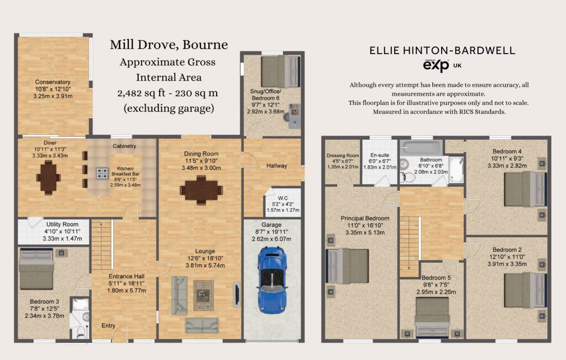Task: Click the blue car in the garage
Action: (271, 279)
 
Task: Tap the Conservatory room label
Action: (53, 82)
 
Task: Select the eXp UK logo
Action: (442, 66)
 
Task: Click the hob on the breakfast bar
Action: (102, 173)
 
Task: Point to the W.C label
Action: (283, 198)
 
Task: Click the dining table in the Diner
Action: (49, 178)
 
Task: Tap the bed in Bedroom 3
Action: (36, 269)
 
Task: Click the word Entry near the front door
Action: (108, 325)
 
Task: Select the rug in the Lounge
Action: (203, 295)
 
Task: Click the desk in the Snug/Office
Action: (294, 116)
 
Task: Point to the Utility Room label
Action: (62, 224)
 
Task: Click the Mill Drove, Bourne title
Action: (169, 44)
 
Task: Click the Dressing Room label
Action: (343, 155)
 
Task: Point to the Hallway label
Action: (277, 166)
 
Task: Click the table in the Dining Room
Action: (201, 190)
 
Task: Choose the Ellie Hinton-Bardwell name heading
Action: (442, 50)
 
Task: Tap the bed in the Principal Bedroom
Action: (347, 266)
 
